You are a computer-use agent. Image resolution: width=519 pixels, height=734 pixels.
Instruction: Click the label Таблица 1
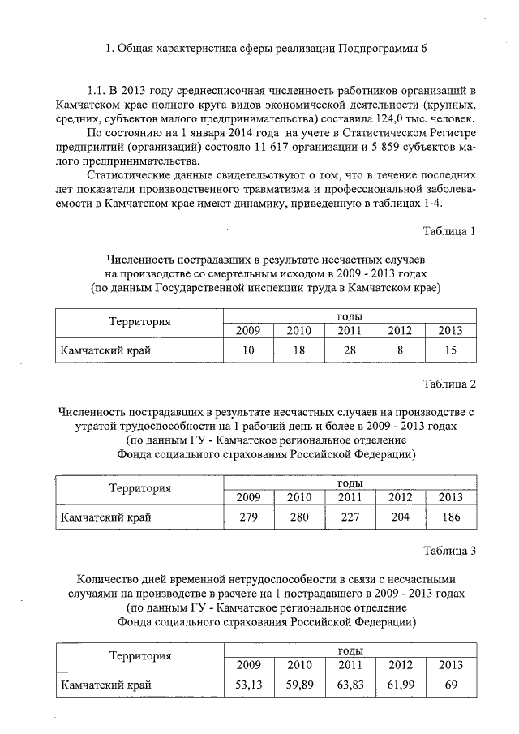click(449, 232)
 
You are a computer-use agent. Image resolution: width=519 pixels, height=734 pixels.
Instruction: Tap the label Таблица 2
click(448, 383)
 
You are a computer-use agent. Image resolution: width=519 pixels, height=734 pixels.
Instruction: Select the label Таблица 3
click(448, 552)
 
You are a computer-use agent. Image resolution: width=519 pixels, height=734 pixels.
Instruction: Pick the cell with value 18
click(299, 350)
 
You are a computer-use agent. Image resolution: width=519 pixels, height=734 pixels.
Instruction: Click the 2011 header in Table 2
click(350, 497)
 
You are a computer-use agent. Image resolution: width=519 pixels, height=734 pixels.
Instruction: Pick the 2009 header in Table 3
click(248, 666)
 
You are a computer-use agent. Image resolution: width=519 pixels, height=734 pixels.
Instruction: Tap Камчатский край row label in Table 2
click(106, 515)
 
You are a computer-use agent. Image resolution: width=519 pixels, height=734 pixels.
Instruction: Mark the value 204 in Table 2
click(401, 515)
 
